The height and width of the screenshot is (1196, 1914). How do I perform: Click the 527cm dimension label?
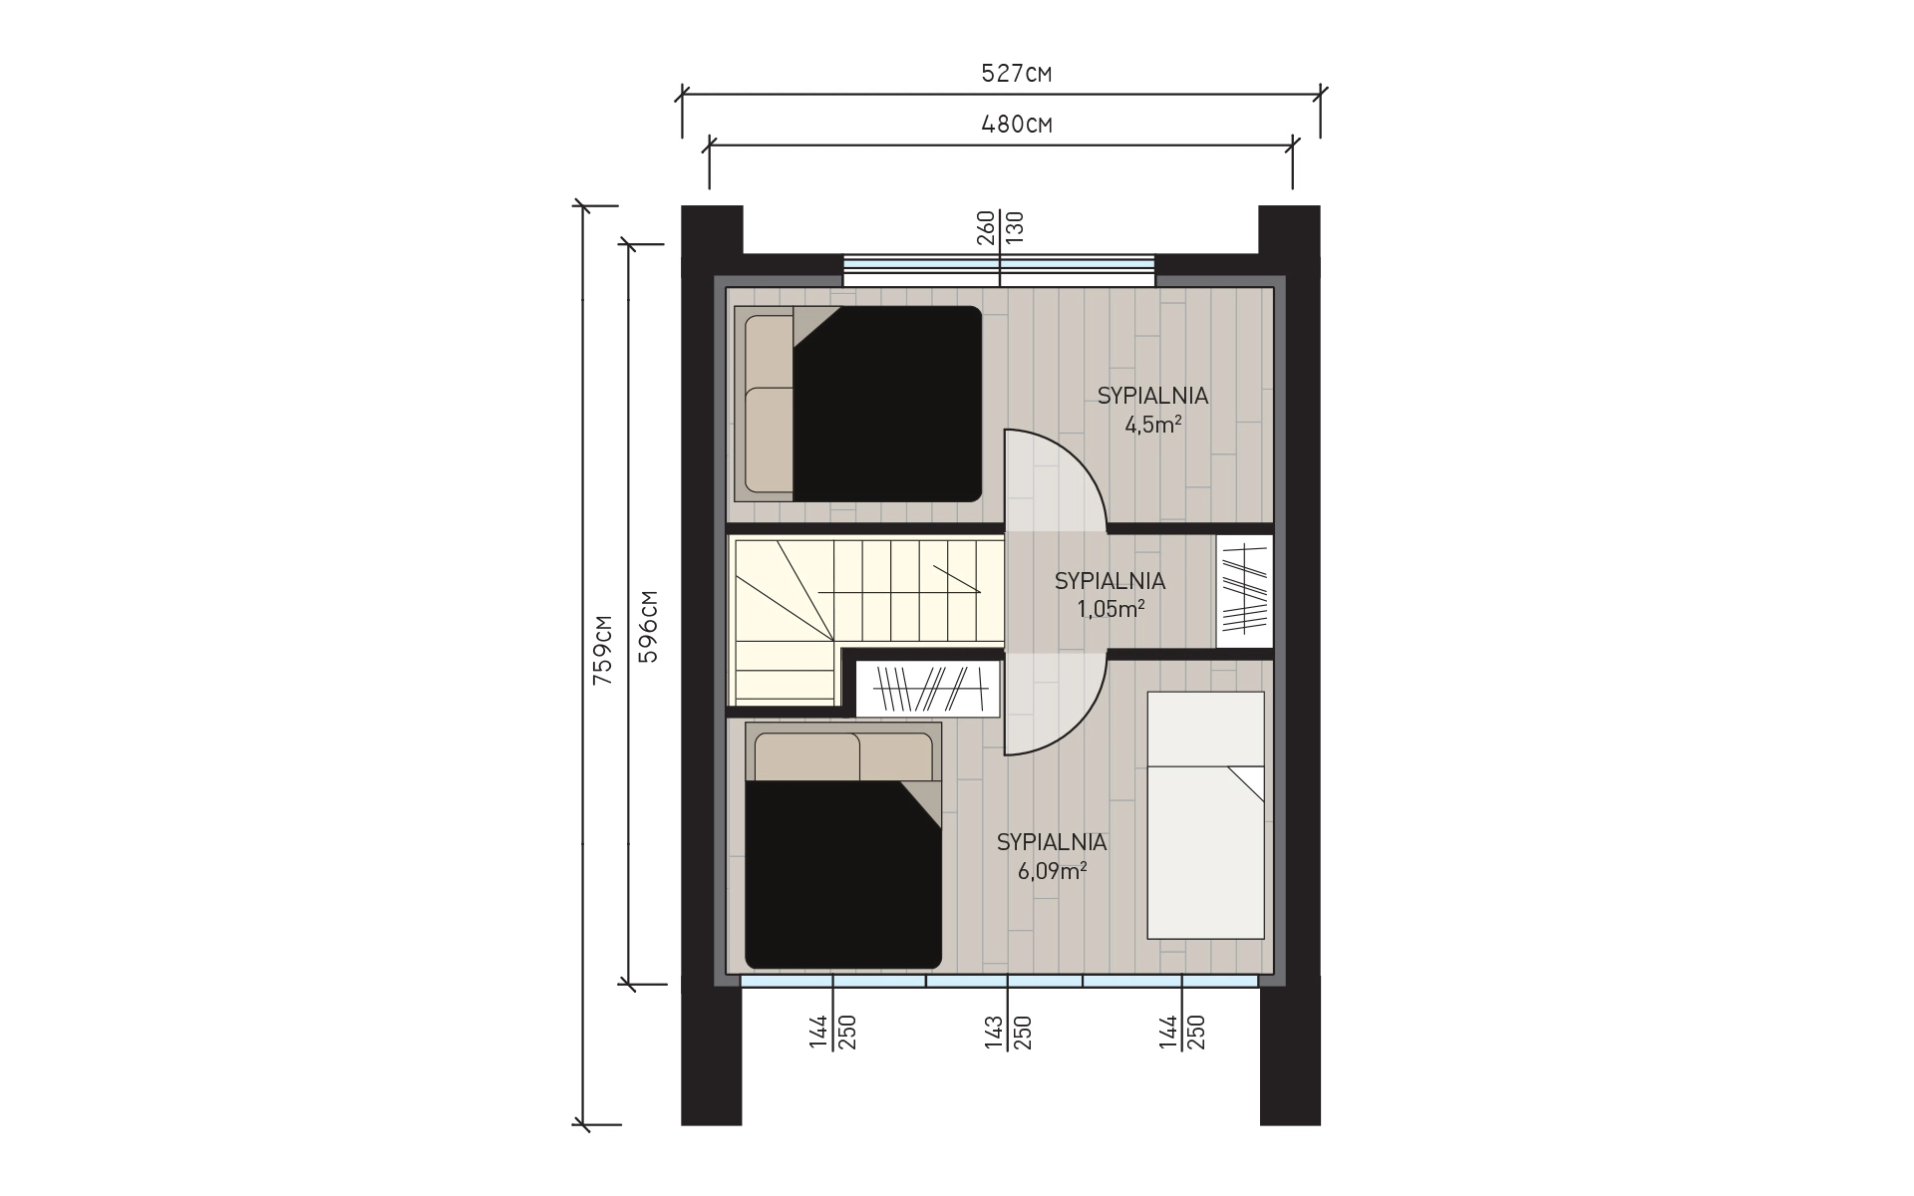(1018, 73)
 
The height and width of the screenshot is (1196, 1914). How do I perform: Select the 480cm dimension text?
(1018, 125)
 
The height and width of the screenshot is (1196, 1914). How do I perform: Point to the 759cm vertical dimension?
(602, 649)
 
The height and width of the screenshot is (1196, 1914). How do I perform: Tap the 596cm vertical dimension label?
(648, 627)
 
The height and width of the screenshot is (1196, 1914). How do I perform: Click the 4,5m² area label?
(1153, 425)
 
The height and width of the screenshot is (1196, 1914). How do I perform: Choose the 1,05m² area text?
(1111, 609)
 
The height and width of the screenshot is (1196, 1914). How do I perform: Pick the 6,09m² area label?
(1052, 871)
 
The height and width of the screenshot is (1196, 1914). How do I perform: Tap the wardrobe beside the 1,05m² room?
(1245, 591)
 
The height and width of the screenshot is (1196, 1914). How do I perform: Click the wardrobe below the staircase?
(927, 689)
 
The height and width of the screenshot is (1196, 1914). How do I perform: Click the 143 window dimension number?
(994, 1033)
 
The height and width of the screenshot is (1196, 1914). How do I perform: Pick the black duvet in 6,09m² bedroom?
(843, 874)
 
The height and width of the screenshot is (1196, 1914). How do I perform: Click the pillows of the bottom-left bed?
(844, 756)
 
